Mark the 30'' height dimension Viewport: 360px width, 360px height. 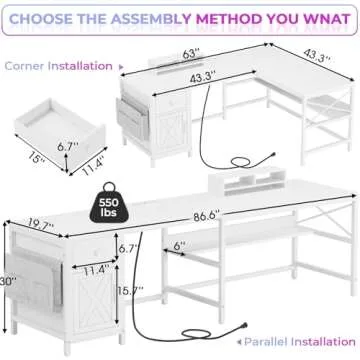pos(8,282)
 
